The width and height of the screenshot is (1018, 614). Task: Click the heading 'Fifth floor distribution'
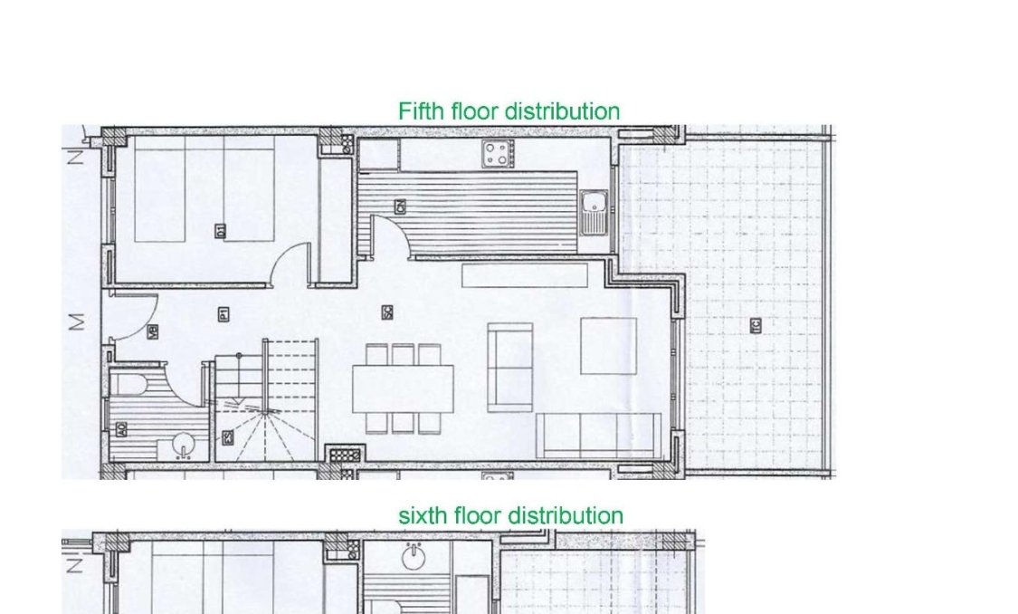509,111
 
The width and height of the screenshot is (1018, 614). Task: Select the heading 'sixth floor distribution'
510,515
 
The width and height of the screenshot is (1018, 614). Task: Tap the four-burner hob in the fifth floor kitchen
498,153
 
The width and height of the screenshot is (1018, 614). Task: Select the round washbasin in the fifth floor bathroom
183,446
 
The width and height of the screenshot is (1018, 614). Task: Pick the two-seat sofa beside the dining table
509,367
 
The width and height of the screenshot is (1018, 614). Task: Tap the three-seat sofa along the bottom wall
598,436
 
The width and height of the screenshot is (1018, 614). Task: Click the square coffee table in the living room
608,345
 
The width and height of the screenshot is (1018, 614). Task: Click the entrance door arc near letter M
136,319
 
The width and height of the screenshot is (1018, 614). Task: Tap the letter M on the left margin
78,321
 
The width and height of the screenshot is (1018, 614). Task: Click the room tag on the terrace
756,324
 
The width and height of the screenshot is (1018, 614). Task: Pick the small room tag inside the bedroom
220,231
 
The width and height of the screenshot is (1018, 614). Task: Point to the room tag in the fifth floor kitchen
400,207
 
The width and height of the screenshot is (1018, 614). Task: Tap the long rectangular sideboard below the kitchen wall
525,274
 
